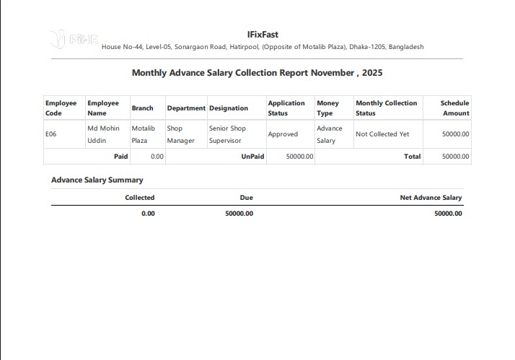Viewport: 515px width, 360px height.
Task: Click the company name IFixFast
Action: click(263, 34)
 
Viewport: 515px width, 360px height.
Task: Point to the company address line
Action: click(263, 47)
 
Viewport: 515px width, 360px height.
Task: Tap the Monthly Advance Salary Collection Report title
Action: click(257, 73)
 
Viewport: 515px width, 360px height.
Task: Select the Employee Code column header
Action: click(61, 108)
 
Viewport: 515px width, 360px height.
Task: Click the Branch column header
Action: click(143, 108)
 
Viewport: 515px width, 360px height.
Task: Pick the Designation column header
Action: click(229, 108)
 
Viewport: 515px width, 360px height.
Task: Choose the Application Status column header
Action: click(286, 108)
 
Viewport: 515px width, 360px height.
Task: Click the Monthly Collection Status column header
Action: click(386, 108)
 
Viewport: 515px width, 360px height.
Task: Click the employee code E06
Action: click(51, 134)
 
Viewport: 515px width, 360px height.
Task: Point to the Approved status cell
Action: click(283, 134)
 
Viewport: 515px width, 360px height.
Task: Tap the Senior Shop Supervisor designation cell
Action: click(227, 134)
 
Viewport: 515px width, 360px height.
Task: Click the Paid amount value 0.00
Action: click(157, 157)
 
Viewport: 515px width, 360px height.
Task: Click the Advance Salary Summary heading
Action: click(97, 180)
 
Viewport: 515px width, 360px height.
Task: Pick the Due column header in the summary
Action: click(246, 198)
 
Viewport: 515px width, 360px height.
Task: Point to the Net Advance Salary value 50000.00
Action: click(448, 214)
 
